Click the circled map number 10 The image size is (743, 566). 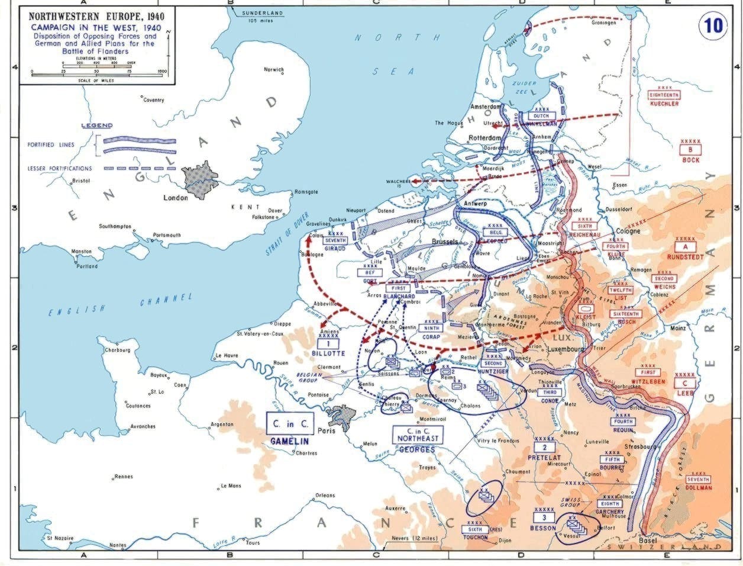coord(713,27)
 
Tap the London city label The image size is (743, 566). coord(176,198)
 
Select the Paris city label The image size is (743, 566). coord(326,430)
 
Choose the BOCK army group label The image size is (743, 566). coord(690,160)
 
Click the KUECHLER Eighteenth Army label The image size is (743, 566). coord(664,104)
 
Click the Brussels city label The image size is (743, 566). coord(445,242)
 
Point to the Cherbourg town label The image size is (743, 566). coord(117,350)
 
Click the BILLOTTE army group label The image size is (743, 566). coord(329,353)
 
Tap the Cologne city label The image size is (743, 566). coord(628,231)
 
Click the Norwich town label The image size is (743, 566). coord(274,70)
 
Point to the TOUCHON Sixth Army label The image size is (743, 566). coord(476,538)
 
